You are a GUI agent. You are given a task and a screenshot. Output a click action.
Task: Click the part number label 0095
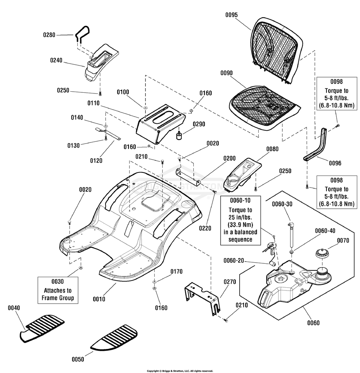[231, 15]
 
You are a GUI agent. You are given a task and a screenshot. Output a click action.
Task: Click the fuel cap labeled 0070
[322, 254]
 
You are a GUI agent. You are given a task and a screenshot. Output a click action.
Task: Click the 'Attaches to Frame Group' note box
[58, 290]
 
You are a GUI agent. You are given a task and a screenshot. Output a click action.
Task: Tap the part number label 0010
[99, 299]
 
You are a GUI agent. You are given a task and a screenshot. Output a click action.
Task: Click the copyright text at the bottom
[180, 371]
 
